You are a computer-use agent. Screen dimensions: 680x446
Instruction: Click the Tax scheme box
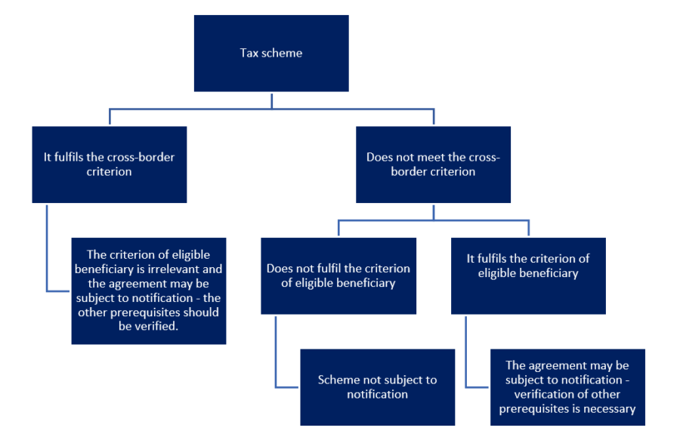click(x=271, y=54)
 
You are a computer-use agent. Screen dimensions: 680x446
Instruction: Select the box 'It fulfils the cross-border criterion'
click(x=110, y=165)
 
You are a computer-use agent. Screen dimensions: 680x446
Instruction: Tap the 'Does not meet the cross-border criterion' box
click(x=433, y=165)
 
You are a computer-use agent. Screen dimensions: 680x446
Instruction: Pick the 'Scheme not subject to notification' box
click(x=377, y=387)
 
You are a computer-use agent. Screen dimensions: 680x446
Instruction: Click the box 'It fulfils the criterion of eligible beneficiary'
click(x=528, y=276)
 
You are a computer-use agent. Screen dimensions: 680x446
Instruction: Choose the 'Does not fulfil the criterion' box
click(x=338, y=276)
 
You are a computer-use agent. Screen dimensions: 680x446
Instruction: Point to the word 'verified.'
click(x=148, y=326)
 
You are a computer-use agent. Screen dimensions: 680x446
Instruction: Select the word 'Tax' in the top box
click(x=249, y=53)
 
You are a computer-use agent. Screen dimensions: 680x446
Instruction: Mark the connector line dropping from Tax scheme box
click(x=271, y=100)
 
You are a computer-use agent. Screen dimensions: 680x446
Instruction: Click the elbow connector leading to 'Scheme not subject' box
click(x=276, y=368)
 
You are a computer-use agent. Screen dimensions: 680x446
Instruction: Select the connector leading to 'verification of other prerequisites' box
click(x=466, y=368)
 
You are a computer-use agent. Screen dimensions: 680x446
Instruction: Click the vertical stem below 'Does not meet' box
click(x=433, y=212)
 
